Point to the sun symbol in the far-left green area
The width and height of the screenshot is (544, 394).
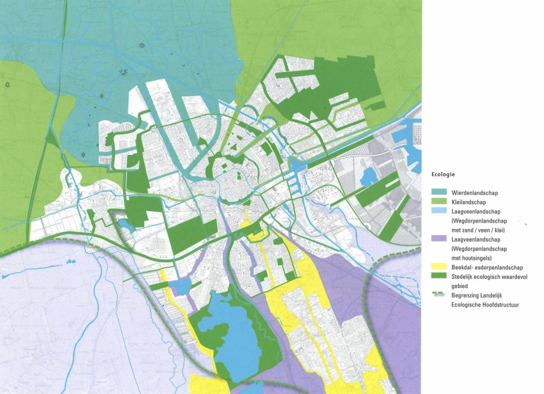coord(8,85)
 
